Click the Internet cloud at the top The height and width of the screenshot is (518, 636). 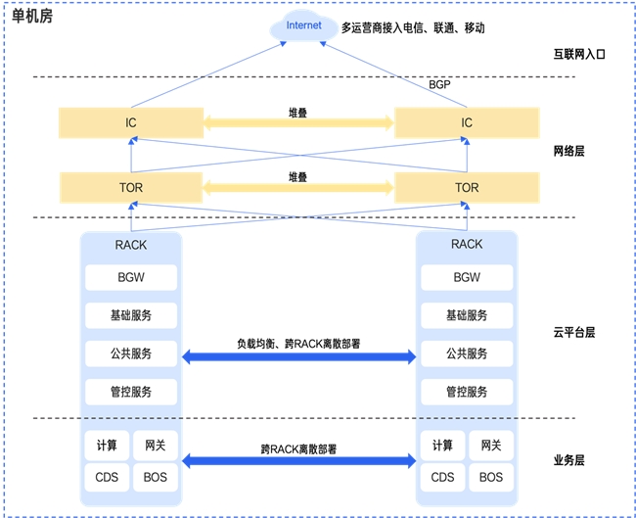303,26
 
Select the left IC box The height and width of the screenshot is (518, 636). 131,123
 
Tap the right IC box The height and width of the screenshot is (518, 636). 467,123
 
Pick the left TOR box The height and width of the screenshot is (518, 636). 131,187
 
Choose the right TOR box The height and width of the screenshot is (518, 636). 467,187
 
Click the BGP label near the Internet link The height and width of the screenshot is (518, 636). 440,86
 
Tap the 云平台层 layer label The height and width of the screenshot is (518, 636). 574,332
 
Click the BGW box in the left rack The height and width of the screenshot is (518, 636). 131,277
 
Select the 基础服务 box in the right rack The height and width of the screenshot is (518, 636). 467,315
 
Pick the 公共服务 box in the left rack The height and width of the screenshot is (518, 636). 131,353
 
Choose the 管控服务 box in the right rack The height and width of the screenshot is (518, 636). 467,392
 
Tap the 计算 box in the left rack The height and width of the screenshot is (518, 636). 107,446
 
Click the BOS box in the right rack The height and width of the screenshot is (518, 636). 491,478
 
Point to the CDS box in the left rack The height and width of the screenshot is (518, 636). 107,478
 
